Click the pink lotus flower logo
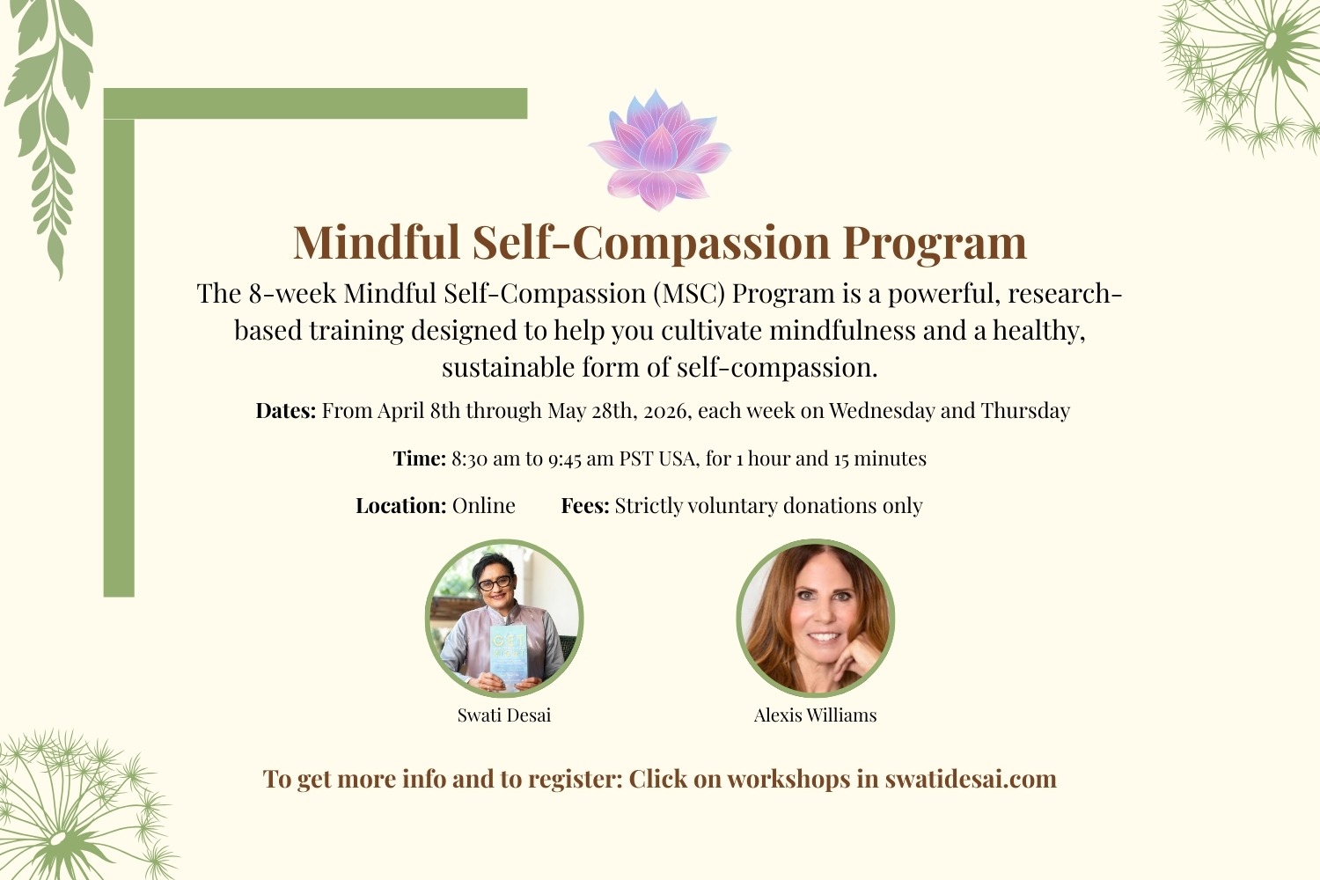click(x=659, y=150)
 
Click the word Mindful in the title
click(x=377, y=242)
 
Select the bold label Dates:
click(x=286, y=410)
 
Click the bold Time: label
click(x=420, y=458)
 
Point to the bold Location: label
click(x=401, y=506)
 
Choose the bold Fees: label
click(x=585, y=506)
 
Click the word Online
click(x=483, y=506)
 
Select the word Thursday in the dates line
click(x=1025, y=410)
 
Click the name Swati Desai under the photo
click(x=504, y=715)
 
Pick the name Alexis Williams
click(x=816, y=715)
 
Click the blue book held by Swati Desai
click(x=508, y=656)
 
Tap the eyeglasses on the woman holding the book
click(x=495, y=583)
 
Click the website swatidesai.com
click(x=971, y=779)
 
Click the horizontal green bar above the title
click(x=315, y=104)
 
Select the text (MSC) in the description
click(x=689, y=294)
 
